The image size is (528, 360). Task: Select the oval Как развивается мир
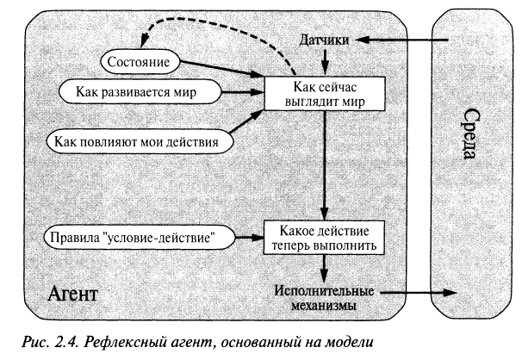127,90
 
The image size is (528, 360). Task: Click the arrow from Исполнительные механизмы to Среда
413,295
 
